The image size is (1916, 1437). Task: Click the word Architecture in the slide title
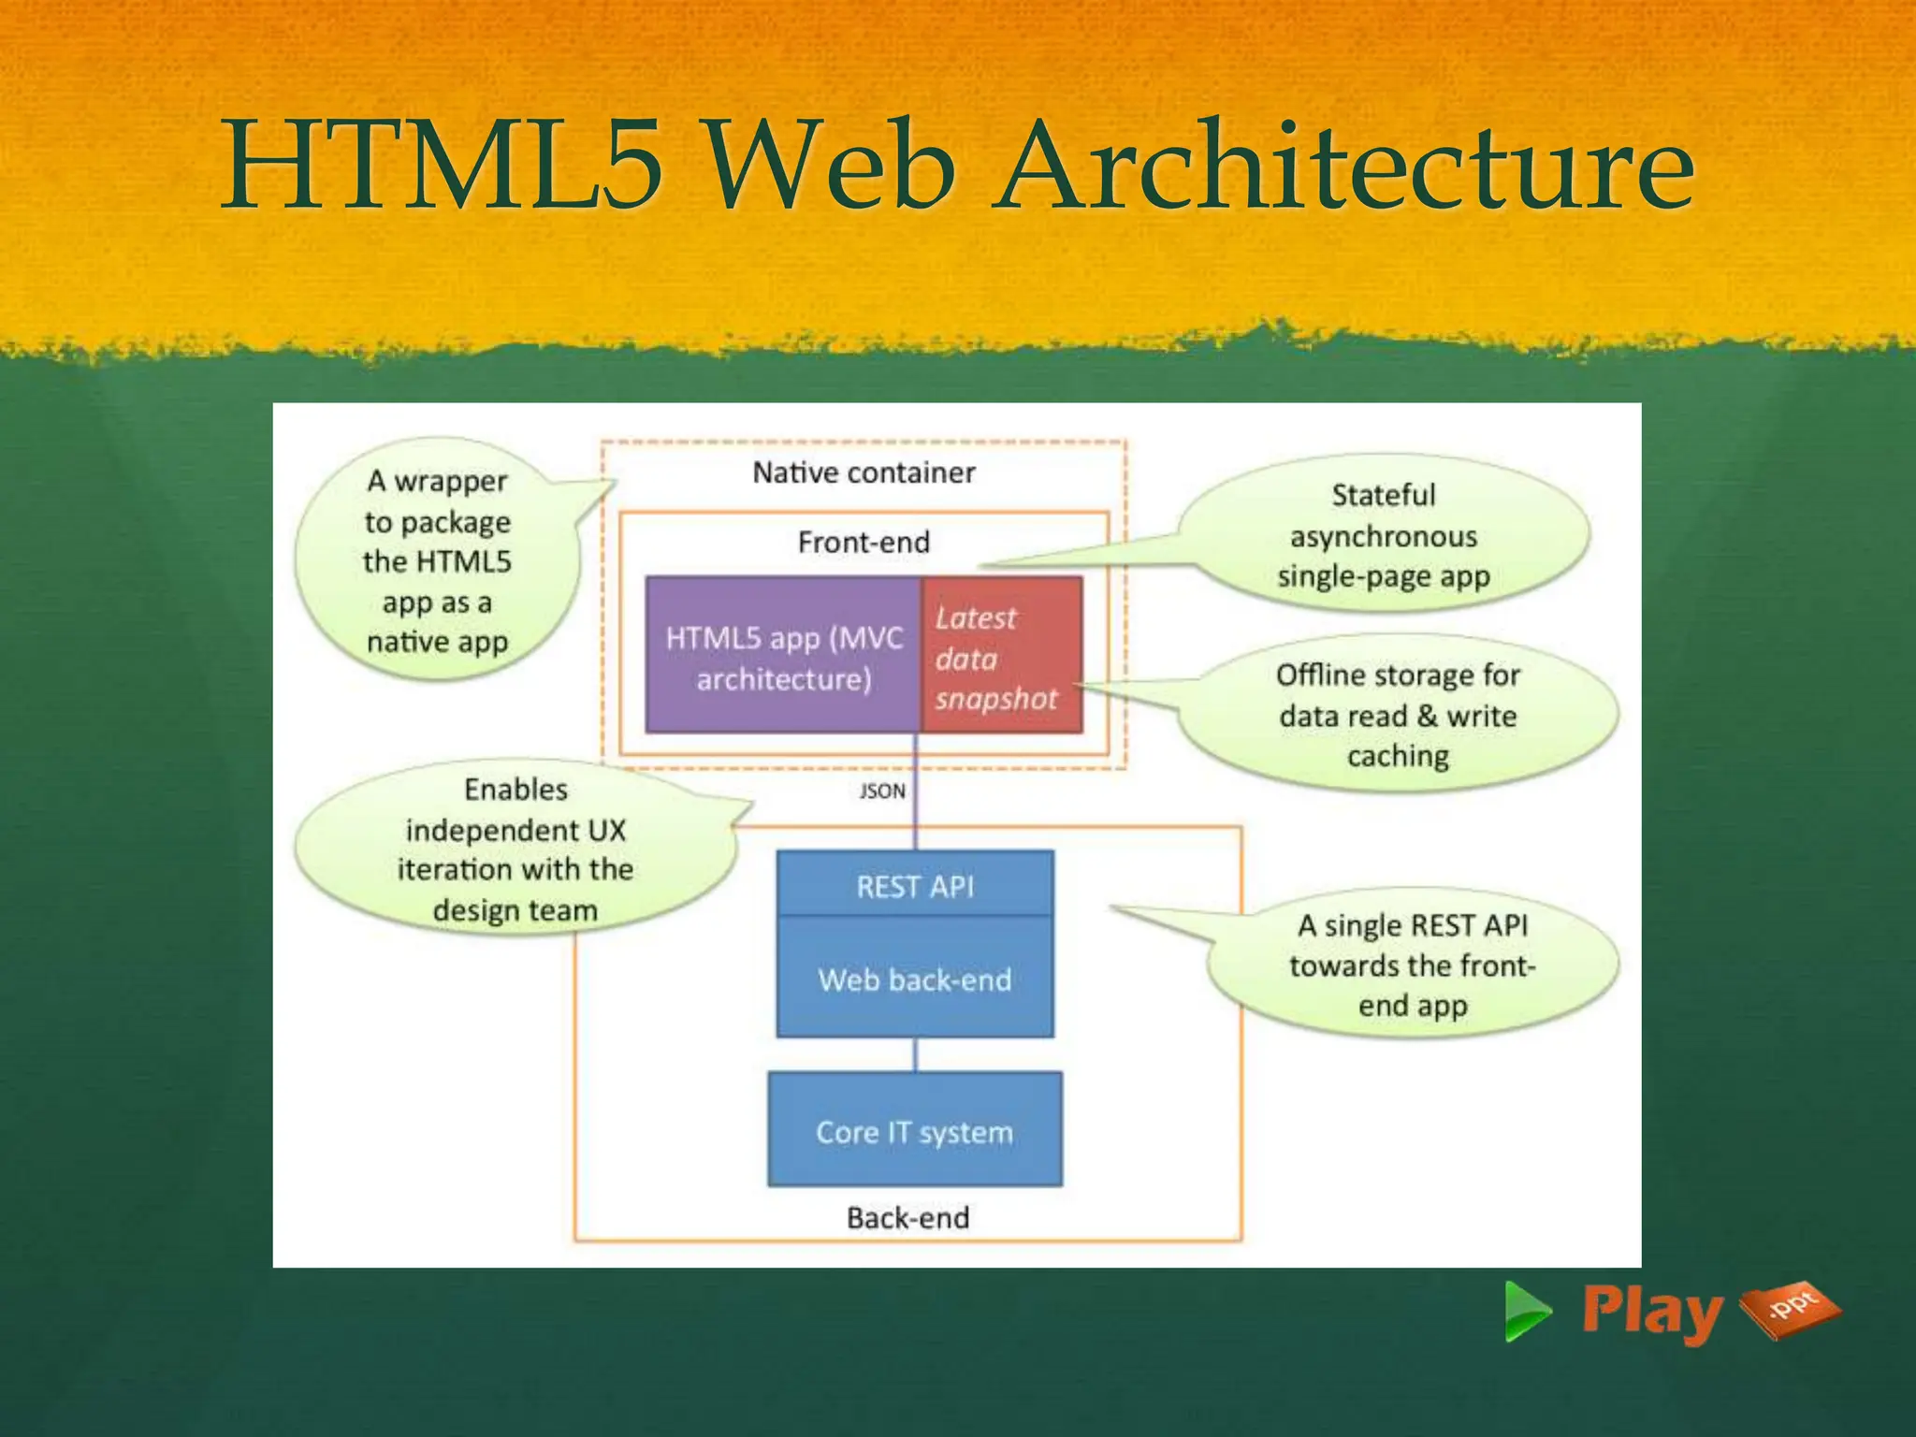pos(1343,166)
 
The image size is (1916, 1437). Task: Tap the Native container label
pos(864,473)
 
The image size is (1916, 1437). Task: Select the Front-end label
pos(864,543)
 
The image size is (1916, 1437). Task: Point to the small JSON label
pos(882,791)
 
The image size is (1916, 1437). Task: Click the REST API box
pos(915,885)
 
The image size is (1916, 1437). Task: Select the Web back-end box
pos(915,979)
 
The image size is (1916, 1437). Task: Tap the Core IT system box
pos(915,1131)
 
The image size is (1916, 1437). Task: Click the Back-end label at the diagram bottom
pos(907,1218)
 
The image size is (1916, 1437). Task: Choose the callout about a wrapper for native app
pos(437,561)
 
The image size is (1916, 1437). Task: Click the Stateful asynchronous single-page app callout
pos(1383,536)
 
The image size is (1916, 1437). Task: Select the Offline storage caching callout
pos(1398,716)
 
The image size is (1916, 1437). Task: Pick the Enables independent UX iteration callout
pos(515,849)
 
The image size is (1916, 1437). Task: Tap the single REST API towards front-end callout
pos(1413,965)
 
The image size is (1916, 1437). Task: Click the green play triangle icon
pos(1525,1312)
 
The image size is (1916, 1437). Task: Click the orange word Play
pos(1650,1312)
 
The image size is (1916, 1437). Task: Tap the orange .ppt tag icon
pos(1789,1308)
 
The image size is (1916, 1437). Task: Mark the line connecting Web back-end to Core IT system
pos(915,1054)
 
